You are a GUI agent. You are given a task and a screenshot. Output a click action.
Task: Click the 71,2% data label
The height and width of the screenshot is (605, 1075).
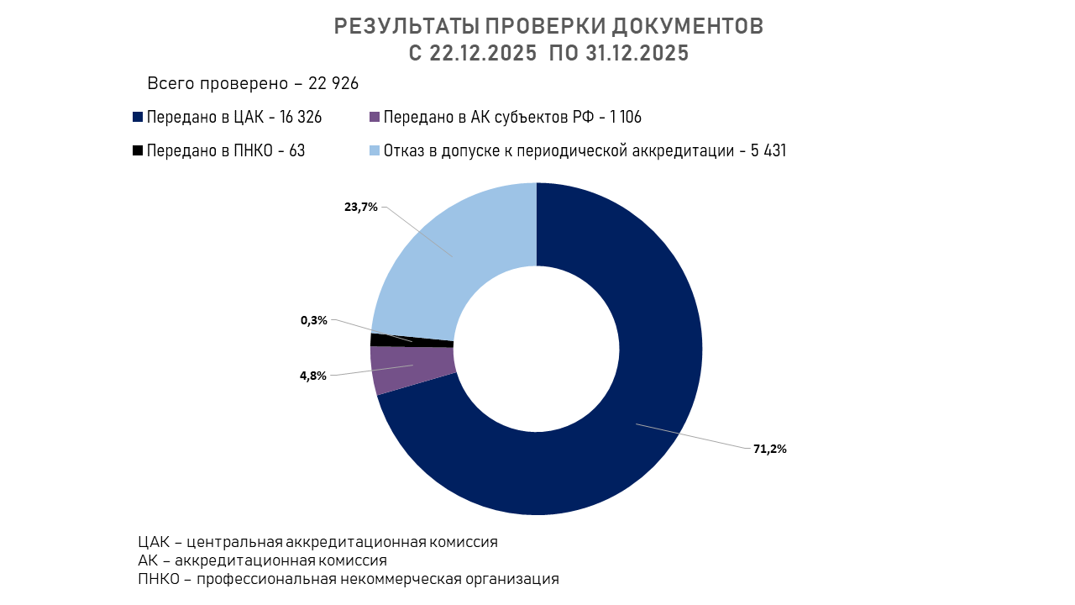[x=769, y=449]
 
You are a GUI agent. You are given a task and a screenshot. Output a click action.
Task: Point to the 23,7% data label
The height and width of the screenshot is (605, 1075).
[x=361, y=207]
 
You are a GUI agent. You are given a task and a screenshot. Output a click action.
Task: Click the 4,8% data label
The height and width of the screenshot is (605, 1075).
[x=313, y=376]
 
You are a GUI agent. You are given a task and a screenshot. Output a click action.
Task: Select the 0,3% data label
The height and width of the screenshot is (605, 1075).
[x=314, y=320]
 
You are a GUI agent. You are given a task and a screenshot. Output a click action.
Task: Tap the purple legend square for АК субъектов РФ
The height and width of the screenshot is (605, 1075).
[x=375, y=118]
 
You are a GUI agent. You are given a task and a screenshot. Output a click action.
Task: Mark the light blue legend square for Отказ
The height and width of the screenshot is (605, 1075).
[x=375, y=151]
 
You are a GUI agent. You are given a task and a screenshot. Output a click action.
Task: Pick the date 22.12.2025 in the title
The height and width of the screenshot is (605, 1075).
[x=483, y=53]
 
